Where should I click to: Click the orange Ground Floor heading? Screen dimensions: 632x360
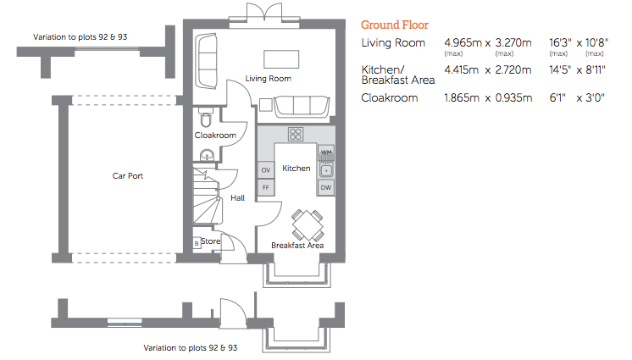(x=395, y=25)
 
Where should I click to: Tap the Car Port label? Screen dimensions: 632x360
(x=128, y=176)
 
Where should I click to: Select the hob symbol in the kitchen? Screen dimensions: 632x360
(x=296, y=134)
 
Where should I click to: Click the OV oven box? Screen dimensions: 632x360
(x=266, y=169)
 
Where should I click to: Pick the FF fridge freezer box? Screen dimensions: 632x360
(x=266, y=187)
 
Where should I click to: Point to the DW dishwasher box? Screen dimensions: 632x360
(x=326, y=187)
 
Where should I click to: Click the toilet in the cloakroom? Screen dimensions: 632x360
(x=206, y=117)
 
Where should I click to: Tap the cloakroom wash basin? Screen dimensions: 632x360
(x=208, y=155)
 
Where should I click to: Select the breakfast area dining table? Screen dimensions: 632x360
(x=308, y=225)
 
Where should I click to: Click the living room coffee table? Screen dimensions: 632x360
(x=281, y=58)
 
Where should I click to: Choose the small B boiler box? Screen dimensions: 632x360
(x=197, y=243)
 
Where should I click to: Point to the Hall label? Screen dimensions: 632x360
(x=237, y=198)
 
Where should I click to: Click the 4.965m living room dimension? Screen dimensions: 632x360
(x=463, y=42)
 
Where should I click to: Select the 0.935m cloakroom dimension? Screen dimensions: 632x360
(x=513, y=98)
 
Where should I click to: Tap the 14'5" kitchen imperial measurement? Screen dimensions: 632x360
(x=560, y=70)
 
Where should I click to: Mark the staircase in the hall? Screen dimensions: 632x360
(x=208, y=196)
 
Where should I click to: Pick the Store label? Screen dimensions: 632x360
(x=210, y=241)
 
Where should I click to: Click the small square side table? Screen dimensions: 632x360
(x=266, y=105)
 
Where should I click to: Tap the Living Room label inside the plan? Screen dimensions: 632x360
(x=268, y=79)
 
